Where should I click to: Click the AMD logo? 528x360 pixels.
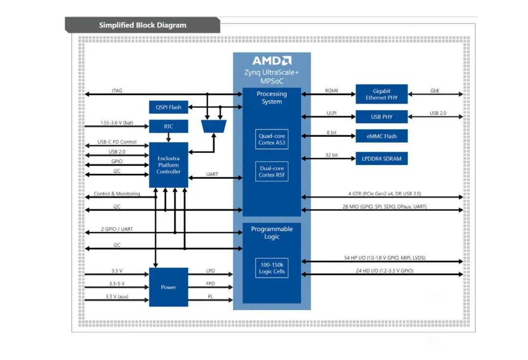pyautogui.click(x=272, y=61)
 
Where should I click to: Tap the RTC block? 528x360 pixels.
pyautogui.click(x=168, y=127)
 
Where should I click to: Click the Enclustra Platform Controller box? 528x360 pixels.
pyautogui.click(x=168, y=165)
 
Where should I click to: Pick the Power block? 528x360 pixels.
pyautogui.click(x=168, y=287)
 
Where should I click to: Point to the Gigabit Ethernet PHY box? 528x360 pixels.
pyautogui.click(x=381, y=94)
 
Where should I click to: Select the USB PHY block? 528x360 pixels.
pyautogui.click(x=381, y=117)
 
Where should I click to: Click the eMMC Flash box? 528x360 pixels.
pyautogui.click(x=381, y=136)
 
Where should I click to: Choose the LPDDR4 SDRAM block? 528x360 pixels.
pyautogui.click(x=381, y=158)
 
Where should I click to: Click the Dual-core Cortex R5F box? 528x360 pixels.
pyautogui.click(x=272, y=171)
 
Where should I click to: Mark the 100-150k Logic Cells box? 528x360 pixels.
pyautogui.click(x=272, y=268)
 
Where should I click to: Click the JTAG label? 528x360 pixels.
pyautogui.click(x=116, y=90)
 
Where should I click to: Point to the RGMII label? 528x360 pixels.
pyautogui.click(x=331, y=90)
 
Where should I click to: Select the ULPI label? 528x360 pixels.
pyautogui.click(x=331, y=113)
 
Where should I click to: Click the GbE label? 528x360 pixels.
pyautogui.click(x=435, y=90)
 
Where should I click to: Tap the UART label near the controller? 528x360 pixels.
pyautogui.click(x=212, y=174)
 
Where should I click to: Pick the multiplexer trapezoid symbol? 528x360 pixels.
pyautogui.click(x=214, y=127)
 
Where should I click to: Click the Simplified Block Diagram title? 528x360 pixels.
pyautogui.click(x=142, y=25)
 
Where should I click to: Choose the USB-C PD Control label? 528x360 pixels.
pyautogui.click(x=117, y=142)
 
